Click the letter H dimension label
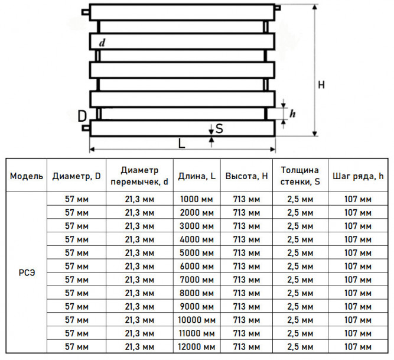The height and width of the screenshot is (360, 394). pos(321,85)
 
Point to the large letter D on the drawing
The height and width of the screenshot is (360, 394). pos(82,116)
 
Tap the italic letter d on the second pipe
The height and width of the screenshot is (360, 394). pos(102,43)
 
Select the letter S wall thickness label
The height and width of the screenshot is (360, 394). pos(219,128)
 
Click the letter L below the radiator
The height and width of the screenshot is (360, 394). pos(181,144)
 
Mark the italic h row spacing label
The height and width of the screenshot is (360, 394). pos(292,113)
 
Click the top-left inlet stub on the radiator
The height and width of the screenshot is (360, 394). pos(86,12)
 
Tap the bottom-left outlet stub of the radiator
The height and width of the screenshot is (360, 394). pos(86,128)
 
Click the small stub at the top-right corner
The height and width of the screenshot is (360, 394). pos(278,8)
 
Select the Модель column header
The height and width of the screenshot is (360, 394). pos(27,176)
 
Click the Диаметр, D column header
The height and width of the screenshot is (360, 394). pos(76,176)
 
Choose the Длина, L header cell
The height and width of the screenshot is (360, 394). pos(197,176)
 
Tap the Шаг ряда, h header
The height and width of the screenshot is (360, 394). pos(358,176)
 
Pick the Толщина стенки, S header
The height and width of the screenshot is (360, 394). pos(300,176)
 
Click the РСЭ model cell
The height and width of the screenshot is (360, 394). pos(27,273)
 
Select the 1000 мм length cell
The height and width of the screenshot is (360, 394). pos(197,199)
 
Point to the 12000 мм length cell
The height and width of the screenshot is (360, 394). pos(197,347)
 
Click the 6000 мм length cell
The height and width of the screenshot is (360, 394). pos(197,267)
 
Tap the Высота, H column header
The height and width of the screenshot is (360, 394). pos(246,176)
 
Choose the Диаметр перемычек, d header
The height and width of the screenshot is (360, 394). pos(139,176)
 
